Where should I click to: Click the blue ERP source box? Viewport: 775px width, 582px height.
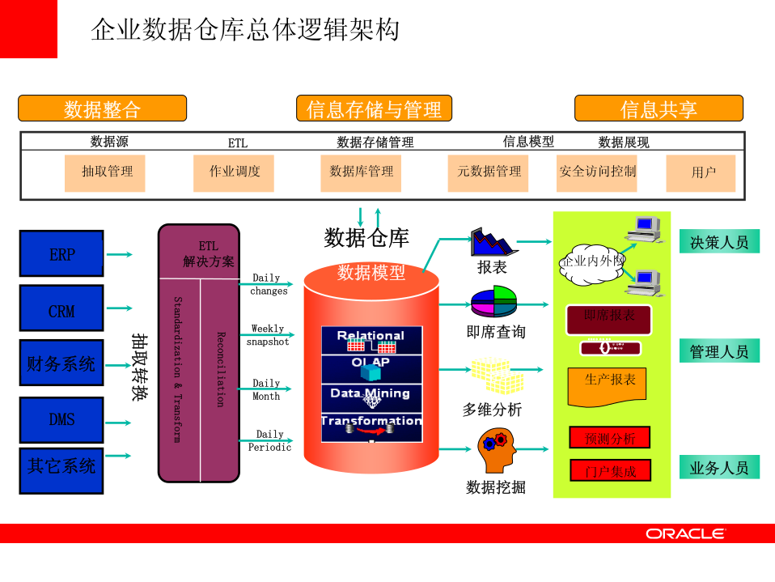tap(61, 254)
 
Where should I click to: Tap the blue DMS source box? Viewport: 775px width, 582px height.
tap(61, 419)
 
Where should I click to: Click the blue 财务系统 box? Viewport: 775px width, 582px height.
tap(61, 363)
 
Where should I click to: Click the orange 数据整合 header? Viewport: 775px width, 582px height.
tap(103, 108)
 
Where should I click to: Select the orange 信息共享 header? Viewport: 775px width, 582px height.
tap(659, 108)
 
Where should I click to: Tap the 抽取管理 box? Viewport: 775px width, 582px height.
tap(105, 172)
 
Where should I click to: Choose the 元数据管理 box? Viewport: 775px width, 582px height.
tap(488, 172)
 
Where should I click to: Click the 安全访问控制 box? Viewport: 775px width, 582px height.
tap(597, 172)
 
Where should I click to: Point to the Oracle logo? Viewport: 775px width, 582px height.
tap(685, 533)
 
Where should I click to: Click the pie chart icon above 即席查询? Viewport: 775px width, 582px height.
tap(493, 301)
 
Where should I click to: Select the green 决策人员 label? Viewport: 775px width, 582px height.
tap(719, 241)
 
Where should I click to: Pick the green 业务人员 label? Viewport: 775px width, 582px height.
tap(719, 467)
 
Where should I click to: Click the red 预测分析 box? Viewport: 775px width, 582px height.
tap(610, 438)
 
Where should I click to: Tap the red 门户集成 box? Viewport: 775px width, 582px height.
tap(610, 470)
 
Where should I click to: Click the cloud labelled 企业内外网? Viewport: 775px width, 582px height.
tap(593, 262)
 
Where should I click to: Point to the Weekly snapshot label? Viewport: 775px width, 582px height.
tap(268, 335)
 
